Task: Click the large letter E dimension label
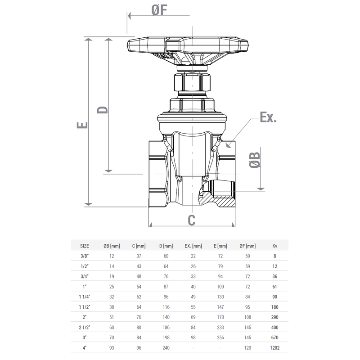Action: pos(82,126)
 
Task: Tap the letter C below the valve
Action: pos(191,220)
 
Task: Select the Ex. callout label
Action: pos(268,118)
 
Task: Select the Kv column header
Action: pos(275,246)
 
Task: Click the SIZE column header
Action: pos(84,246)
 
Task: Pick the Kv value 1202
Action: pos(275,348)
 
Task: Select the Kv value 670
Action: pos(275,337)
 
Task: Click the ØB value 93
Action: pos(112,348)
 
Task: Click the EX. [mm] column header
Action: pos(193,246)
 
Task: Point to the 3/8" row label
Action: pos(84,256)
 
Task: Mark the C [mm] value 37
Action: pos(139,256)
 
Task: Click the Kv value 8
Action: pos(275,256)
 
